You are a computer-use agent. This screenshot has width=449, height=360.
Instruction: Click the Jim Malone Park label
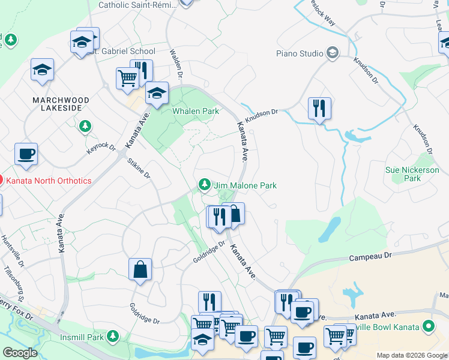click(x=246, y=185)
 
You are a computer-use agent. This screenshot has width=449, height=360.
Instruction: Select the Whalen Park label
click(x=195, y=112)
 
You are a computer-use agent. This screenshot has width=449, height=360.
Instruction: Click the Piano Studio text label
click(x=300, y=53)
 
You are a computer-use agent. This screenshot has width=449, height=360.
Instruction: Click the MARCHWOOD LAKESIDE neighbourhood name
click(x=62, y=104)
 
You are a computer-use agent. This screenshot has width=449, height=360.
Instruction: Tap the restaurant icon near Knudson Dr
click(x=319, y=109)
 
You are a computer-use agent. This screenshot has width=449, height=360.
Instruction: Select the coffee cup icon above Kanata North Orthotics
click(x=26, y=154)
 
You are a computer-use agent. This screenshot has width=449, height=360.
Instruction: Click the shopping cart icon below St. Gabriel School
click(x=127, y=79)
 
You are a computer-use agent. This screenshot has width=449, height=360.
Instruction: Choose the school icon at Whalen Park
click(x=157, y=93)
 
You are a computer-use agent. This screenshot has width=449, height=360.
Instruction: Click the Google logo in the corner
click(x=20, y=353)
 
